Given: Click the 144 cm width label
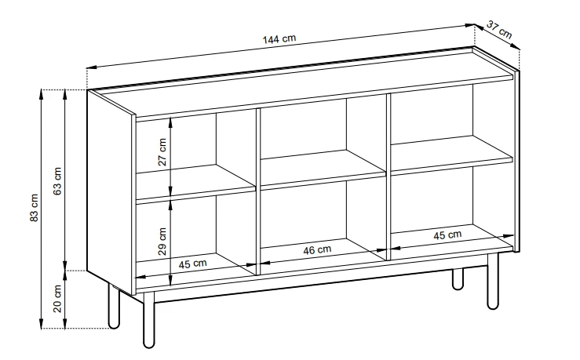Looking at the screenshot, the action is click(279, 38).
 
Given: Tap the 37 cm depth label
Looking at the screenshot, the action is click(499, 30).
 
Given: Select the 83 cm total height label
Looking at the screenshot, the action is click(34, 207).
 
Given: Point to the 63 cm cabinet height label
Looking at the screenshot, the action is click(57, 181).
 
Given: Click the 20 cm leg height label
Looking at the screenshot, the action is click(57, 298).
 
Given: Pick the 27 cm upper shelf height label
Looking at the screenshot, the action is click(162, 152).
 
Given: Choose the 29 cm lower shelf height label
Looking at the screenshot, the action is click(162, 242).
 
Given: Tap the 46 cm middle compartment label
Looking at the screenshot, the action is click(317, 250).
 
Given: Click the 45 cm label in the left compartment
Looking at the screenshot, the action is click(193, 264).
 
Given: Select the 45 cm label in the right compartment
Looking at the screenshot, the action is click(447, 235).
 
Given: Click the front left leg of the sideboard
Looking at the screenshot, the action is click(148, 320).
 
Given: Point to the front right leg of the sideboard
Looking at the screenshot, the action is click(493, 281).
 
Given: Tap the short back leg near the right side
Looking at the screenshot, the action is click(458, 279).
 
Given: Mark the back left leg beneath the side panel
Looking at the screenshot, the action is click(114, 306).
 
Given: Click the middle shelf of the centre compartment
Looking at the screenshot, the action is click(323, 169).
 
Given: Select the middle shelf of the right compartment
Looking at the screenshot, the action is click(451, 155).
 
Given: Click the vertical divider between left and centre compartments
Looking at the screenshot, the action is click(257, 191).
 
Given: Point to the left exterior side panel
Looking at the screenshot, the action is click(110, 193).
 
